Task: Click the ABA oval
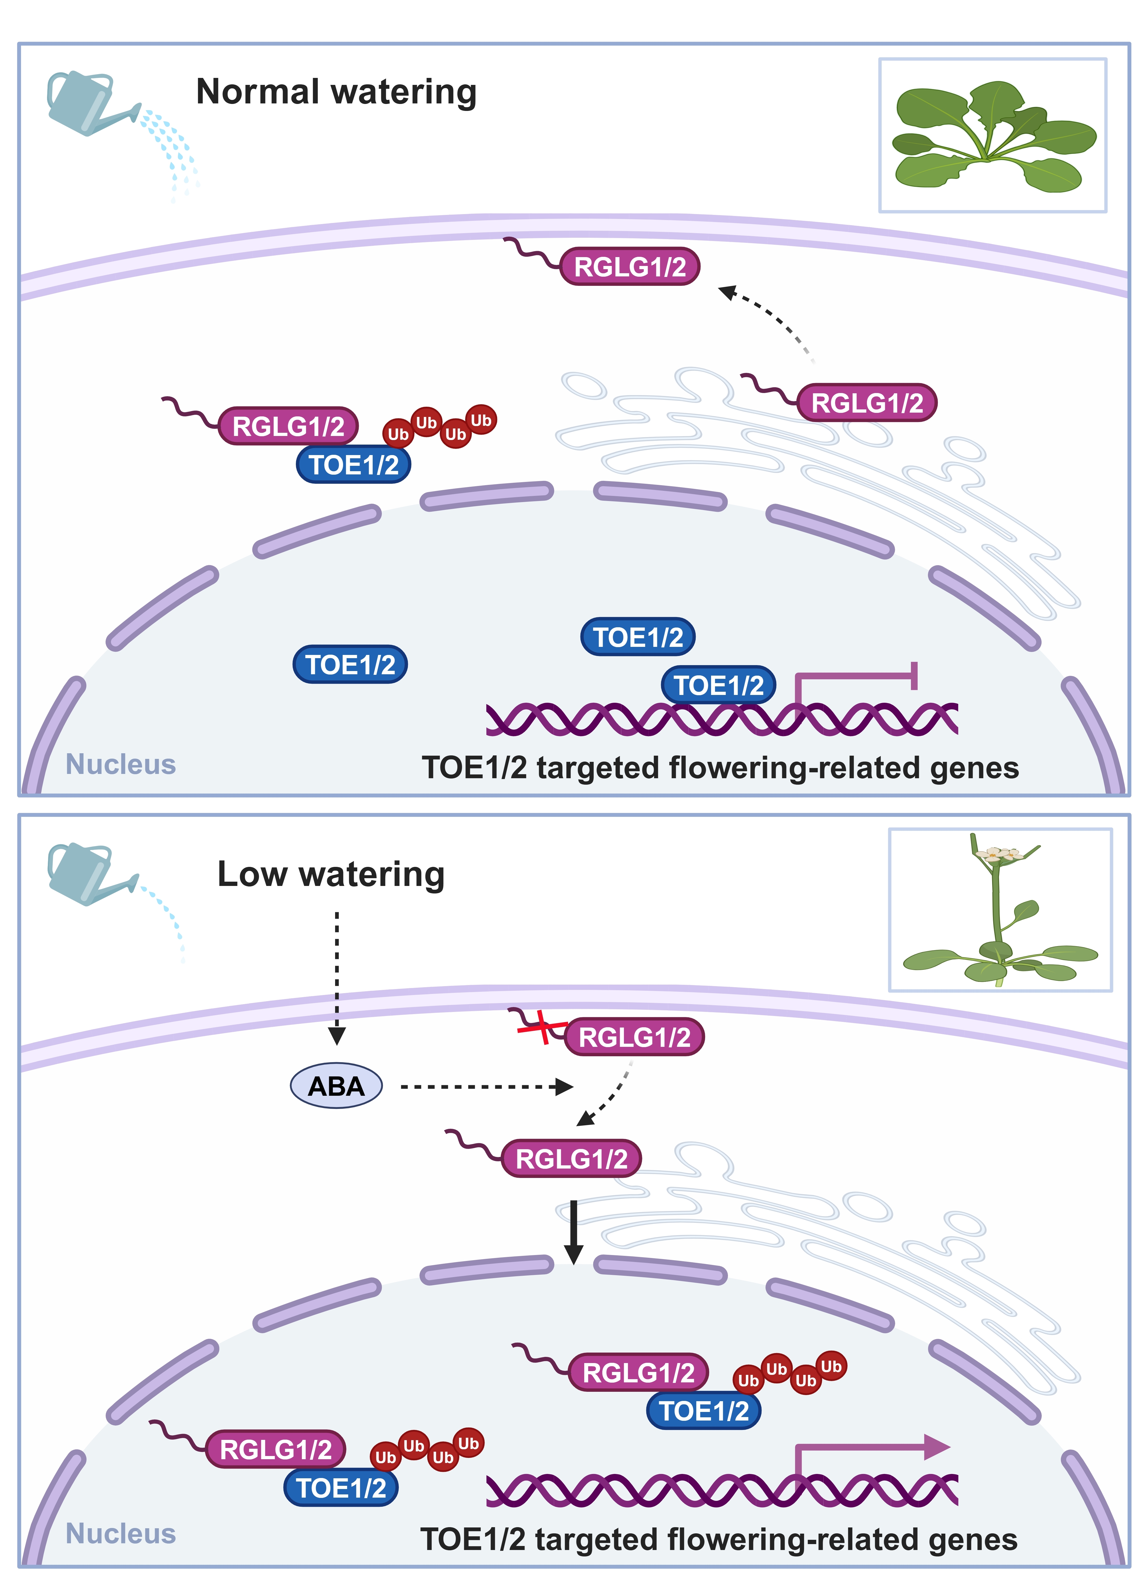point(336,1086)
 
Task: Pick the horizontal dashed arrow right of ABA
point(486,1087)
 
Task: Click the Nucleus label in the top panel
point(120,764)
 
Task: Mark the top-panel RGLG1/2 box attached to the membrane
point(630,266)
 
